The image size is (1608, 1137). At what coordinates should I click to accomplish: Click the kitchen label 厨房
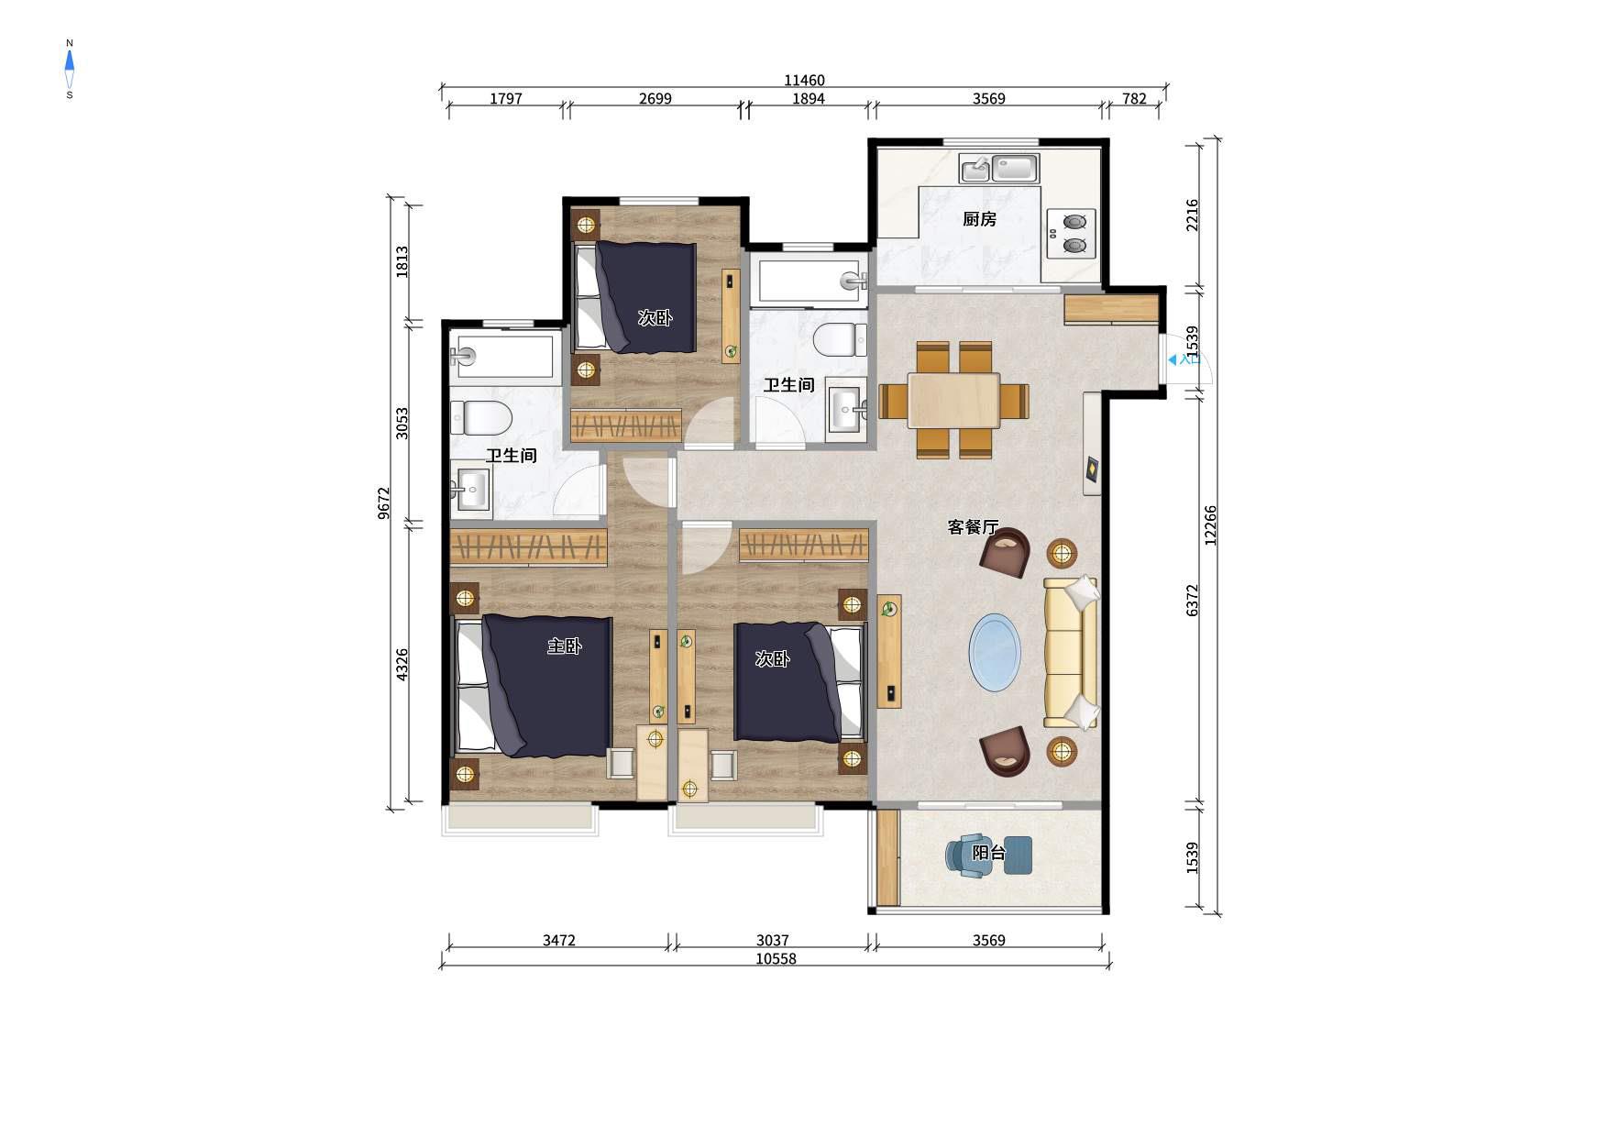click(979, 219)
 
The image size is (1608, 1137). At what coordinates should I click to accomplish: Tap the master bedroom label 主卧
click(565, 646)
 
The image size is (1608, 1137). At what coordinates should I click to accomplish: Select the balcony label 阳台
click(989, 853)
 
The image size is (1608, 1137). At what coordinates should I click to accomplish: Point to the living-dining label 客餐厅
click(973, 527)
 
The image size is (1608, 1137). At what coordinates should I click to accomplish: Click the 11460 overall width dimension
click(804, 81)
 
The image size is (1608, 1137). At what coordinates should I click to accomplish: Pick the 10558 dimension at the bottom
click(776, 959)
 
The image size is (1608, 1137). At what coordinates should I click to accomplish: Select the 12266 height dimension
click(1211, 525)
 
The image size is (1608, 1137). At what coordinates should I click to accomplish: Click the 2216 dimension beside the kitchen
click(1192, 215)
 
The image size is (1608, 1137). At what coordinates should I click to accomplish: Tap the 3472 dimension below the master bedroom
click(558, 940)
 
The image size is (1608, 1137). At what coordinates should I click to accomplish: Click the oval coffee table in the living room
click(995, 652)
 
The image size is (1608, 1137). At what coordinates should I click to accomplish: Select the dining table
click(953, 401)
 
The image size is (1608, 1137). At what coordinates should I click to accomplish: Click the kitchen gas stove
click(1072, 233)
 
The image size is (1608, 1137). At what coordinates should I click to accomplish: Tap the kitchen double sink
click(999, 169)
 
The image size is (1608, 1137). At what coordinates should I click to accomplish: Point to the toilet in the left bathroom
click(480, 417)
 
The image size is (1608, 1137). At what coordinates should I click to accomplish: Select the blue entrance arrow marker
click(1173, 360)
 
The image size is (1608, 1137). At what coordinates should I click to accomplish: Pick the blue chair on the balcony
click(969, 856)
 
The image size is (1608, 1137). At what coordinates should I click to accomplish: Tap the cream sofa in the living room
click(1071, 653)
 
